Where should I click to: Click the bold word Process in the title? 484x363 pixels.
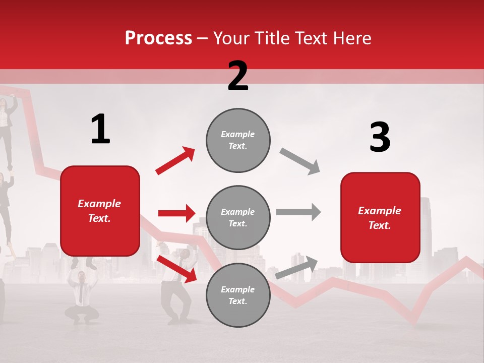[158, 38]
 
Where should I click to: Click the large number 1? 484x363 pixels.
[100, 130]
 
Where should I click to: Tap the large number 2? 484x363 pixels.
[238, 76]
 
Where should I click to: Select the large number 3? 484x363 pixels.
[380, 138]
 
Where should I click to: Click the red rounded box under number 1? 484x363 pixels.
[100, 211]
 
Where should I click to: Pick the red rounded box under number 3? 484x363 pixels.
[380, 217]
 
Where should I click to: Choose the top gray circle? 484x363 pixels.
[238, 140]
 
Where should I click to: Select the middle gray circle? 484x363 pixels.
[238, 217]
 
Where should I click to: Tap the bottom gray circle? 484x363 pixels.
[238, 295]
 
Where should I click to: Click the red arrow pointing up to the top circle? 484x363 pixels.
[175, 161]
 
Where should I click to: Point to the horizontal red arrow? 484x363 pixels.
[176, 213]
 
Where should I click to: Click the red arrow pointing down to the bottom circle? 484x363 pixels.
[176, 268]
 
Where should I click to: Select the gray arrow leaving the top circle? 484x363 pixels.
[299, 161]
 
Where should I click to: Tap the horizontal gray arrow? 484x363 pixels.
[298, 212]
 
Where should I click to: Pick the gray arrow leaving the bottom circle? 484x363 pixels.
[296, 267]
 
